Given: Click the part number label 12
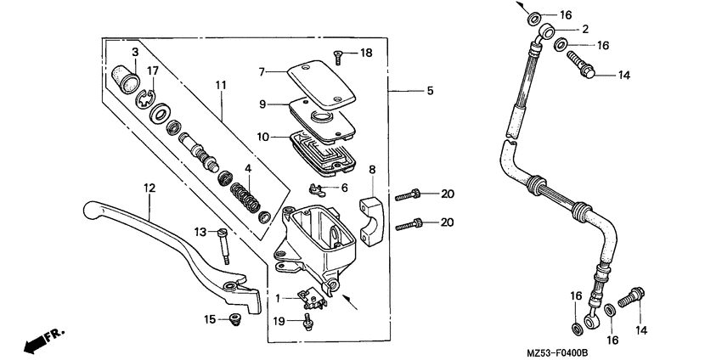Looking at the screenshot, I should pos(149,188).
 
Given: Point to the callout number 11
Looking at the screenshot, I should pos(221,85).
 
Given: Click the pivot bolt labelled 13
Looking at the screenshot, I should pos(224,247).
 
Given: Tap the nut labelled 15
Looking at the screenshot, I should pos(236,320).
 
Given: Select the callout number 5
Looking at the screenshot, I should pos(430,90).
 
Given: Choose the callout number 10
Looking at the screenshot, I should pos(262,136).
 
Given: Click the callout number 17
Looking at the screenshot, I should pos(153,70).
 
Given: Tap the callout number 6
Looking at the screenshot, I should pos(344,188).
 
